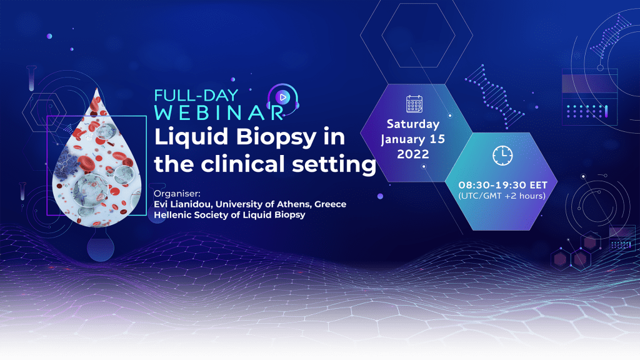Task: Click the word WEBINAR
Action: [x=219, y=113]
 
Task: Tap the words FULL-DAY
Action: [x=196, y=96]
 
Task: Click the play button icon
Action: [x=282, y=97]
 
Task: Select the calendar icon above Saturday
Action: [x=414, y=104]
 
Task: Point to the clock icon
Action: [x=502, y=155]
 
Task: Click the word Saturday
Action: [x=413, y=124]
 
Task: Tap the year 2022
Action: [x=413, y=154]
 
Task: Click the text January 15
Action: [x=412, y=139]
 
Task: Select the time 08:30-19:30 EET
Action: [x=502, y=185]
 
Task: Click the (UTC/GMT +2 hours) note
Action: [x=502, y=196]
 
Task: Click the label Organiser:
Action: [x=177, y=194]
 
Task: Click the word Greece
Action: [x=330, y=204]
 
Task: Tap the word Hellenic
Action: [x=171, y=215]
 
